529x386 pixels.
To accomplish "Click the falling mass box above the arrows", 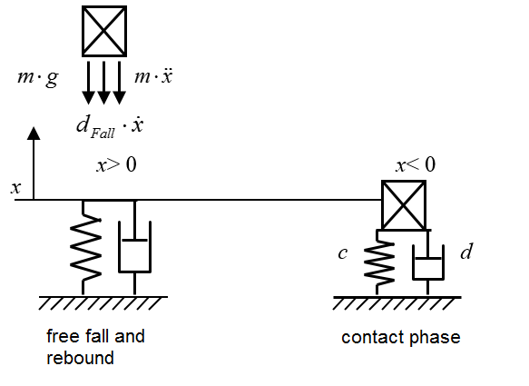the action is (104, 31).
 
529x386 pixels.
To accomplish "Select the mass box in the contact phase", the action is (404, 205).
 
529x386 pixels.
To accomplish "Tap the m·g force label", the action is (38, 78).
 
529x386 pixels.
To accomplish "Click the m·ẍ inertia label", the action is (153, 76).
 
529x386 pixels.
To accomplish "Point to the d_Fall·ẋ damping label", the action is (110, 126).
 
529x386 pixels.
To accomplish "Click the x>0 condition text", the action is (117, 164).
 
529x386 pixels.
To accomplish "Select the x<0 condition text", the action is (416, 164).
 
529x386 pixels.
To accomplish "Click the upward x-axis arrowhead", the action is (34, 134).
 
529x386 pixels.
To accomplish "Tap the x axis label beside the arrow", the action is (15, 188).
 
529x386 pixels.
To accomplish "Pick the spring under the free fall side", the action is (85, 248).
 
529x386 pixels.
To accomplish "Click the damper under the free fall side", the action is (134, 248).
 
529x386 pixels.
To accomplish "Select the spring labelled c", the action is (378, 262).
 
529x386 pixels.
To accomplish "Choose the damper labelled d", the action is (427, 262).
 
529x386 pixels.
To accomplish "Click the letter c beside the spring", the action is (343, 253).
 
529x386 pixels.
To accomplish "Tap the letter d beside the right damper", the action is (466, 252).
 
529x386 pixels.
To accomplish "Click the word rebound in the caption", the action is (80, 358).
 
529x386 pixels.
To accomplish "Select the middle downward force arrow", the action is (103, 83).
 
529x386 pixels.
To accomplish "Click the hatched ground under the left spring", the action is (103, 303).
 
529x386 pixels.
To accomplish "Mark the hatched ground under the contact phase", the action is (397, 303).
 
